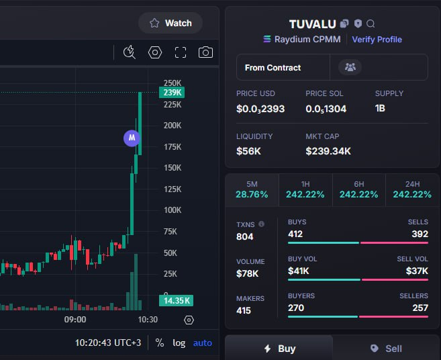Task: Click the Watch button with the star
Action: tap(170, 23)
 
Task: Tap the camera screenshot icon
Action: tap(205, 52)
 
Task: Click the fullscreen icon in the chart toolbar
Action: tap(181, 52)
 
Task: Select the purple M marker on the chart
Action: tap(132, 138)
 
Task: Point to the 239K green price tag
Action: tap(172, 92)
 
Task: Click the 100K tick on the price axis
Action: tap(173, 210)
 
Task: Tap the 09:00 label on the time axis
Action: tap(75, 320)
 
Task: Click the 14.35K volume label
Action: tap(177, 301)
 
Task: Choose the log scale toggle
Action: tap(179, 343)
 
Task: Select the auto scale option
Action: tap(203, 343)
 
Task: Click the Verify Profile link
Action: tap(377, 40)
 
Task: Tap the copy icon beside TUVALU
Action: tap(344, 24)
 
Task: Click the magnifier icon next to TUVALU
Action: tap(371, 24)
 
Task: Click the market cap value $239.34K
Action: tap(328, 151)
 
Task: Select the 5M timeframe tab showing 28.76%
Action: tap(252, 190)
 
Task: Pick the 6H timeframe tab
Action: tap(359, 190)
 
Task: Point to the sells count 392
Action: tap(420, 234)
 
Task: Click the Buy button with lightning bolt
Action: tap(279, 348)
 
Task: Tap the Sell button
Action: tap(386, 349)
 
